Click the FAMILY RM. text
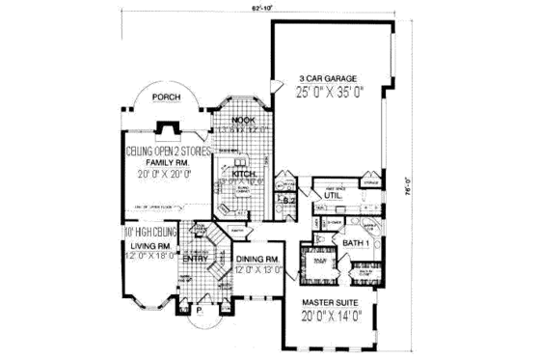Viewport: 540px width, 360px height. coord(160,165)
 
